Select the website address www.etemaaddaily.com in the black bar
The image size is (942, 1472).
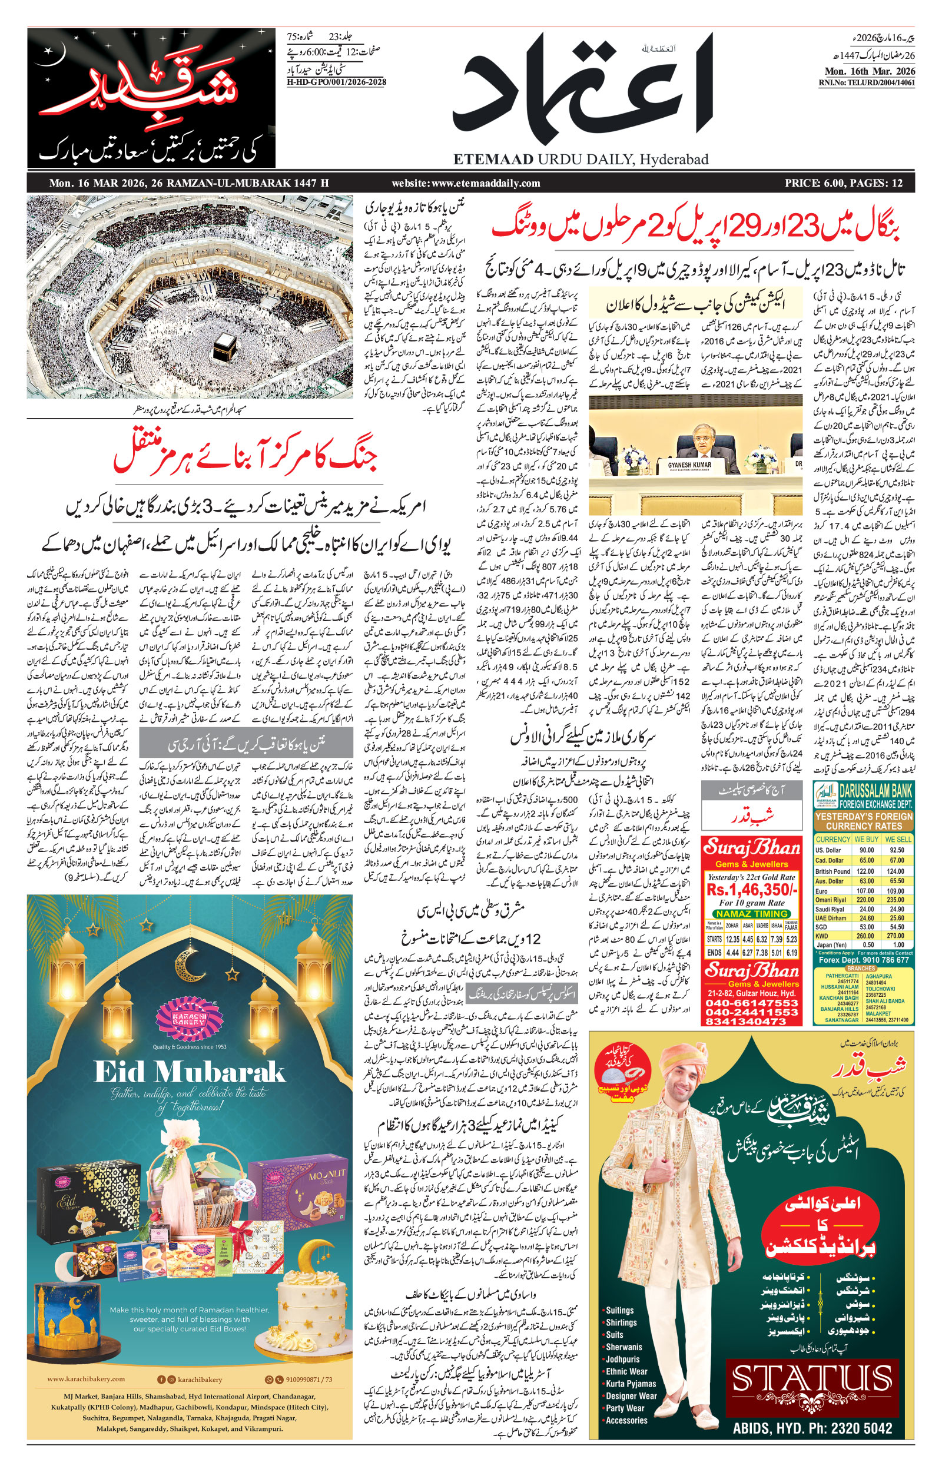pos(466,183)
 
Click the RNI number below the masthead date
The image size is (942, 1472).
pos(867,82)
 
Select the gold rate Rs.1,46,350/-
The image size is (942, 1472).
pos(752,888)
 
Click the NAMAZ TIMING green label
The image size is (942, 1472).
pos(752,914)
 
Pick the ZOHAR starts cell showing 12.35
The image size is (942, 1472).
pos(732,939)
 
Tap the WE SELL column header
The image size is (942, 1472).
pos(897,840)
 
